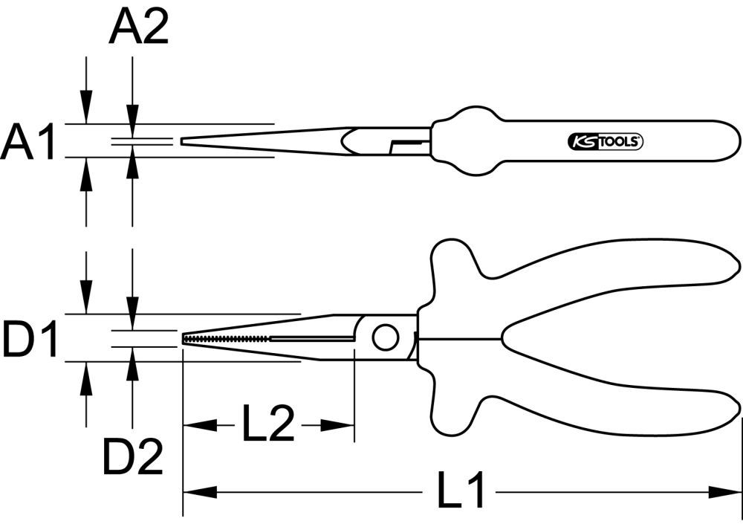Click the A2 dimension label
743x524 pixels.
pos(138,29)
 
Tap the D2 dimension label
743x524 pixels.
pos(132,459)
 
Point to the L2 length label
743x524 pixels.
pos(267,424)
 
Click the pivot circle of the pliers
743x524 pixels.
pos(385,338)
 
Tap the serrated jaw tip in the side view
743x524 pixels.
pos(223,339)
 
